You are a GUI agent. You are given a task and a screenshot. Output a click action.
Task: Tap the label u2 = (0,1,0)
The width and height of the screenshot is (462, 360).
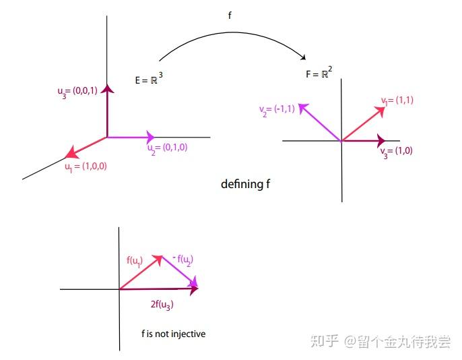coord(167,147)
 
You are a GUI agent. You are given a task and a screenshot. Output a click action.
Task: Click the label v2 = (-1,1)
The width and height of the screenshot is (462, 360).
coord(276,109)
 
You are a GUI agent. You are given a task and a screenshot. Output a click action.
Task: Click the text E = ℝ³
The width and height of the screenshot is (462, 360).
coord(149,80)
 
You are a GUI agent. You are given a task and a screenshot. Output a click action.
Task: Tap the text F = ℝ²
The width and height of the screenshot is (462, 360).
coord(318,73)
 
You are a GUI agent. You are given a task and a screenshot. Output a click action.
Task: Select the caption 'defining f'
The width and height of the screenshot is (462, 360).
coord(246,183)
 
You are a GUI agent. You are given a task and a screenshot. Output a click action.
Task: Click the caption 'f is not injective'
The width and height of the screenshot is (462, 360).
coord(173,333)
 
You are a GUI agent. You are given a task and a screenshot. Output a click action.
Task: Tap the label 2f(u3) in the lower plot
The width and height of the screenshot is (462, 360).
coord(162,305)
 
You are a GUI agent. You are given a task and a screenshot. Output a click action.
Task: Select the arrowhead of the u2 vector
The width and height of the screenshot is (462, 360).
coord(151,137)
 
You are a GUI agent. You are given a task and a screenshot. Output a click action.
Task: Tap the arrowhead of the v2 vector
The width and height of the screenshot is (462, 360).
coord(302,107)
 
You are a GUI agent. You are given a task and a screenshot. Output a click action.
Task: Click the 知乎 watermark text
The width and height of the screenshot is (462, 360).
coord(325,342)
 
